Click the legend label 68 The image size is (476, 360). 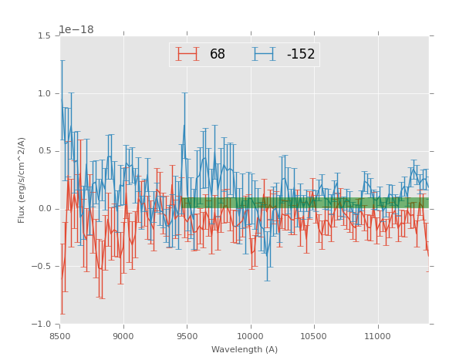point(218,55)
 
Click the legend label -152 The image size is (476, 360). point(301,55)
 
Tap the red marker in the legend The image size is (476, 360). point(187,55)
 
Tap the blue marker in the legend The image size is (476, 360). point(265,55)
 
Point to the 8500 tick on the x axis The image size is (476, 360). point(59,336)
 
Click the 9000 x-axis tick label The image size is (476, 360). point(123,336)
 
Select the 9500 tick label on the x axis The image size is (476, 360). point(187,336)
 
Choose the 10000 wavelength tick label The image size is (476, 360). point(251,336)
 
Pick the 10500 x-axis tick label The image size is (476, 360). point(314,336)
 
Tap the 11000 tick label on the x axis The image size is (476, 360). point(378,336)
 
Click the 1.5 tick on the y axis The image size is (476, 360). point(44,35)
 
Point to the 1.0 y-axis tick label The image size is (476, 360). point(44,93)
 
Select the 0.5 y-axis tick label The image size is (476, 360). point(44,151)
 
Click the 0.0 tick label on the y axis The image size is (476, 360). point(44,209)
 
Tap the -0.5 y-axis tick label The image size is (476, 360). point(42,267)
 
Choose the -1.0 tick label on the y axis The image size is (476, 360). point(42,325)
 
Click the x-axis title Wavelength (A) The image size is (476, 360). point(244,350)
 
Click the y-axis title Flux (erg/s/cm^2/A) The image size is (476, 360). point(22,180)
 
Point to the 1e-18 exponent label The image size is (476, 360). point(76,30)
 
